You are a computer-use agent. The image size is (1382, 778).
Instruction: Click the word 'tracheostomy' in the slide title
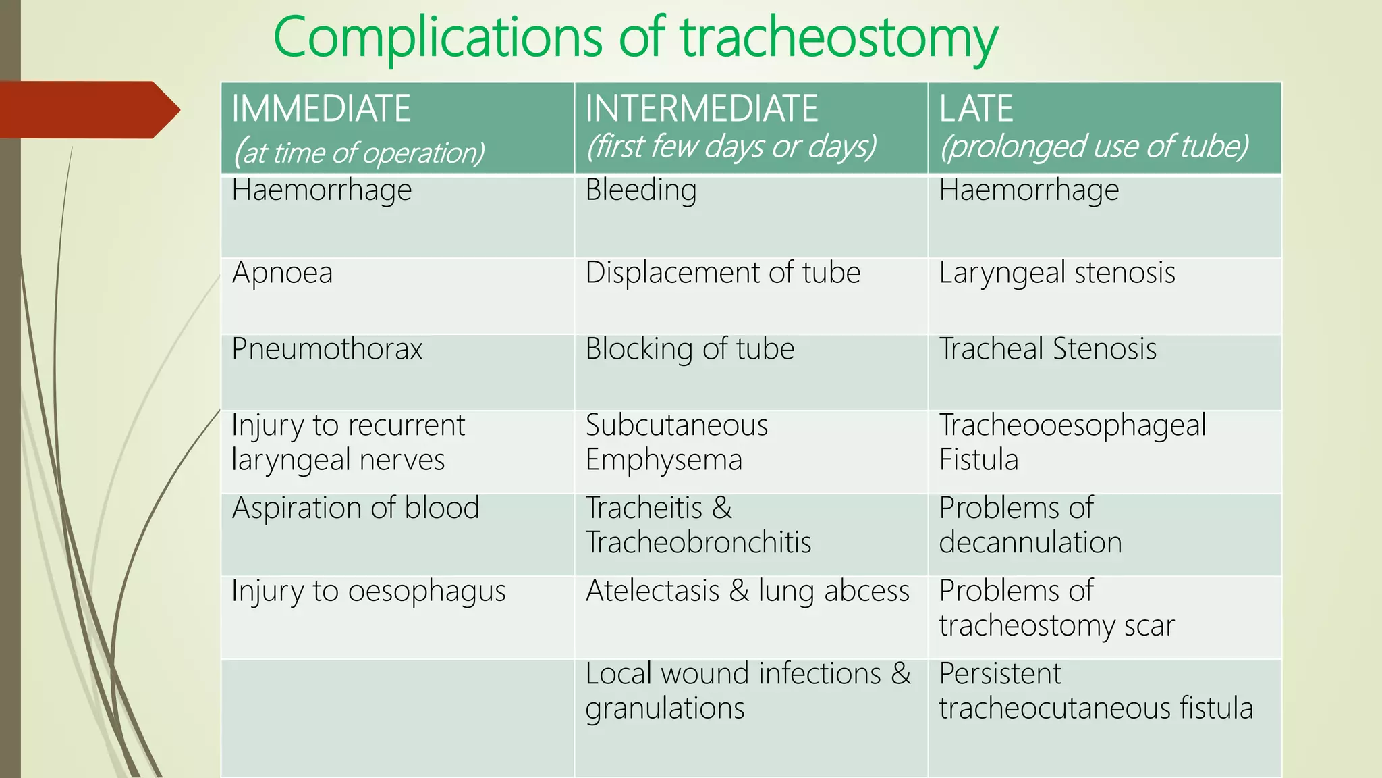point(839,38)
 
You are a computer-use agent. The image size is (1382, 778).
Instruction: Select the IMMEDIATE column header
point(321,109)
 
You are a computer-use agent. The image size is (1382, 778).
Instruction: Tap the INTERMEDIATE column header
point(701,109)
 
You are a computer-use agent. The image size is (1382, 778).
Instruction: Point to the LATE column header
point(976,109)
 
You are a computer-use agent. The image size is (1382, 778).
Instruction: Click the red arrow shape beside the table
point(88,110)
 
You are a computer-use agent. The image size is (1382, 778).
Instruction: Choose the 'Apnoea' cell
point(282,274)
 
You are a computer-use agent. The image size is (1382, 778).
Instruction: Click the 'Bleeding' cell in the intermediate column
point(640,190)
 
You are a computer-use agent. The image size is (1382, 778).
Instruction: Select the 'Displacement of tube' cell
point(723,274)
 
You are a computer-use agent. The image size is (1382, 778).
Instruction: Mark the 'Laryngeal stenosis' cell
point(1057,274)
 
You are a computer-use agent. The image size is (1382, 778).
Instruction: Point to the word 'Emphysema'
point(663,461)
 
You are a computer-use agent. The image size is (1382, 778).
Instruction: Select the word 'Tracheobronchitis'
point(698,543)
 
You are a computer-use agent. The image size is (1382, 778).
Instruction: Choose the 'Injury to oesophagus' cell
point(368,592)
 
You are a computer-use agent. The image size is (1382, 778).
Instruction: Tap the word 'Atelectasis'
point(653,592)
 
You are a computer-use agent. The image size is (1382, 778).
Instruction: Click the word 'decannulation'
point(1030,543)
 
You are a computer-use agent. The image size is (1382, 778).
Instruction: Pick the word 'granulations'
point(665,709)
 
